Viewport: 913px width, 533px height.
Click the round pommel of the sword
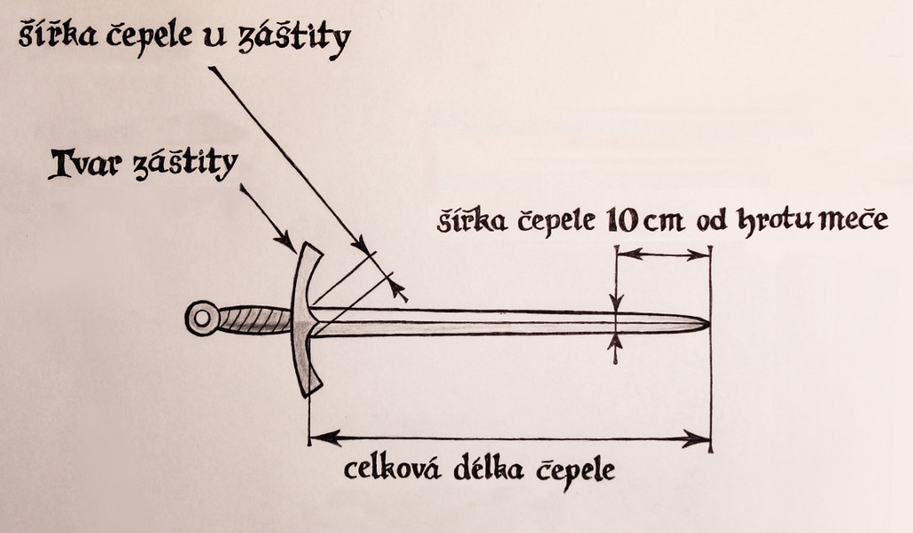pos(203,318)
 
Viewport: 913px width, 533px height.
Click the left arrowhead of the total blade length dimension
pos(319,436)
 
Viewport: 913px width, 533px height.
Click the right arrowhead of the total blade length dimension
pos(700,436)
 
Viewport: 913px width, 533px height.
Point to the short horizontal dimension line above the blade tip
pos(663,254)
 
